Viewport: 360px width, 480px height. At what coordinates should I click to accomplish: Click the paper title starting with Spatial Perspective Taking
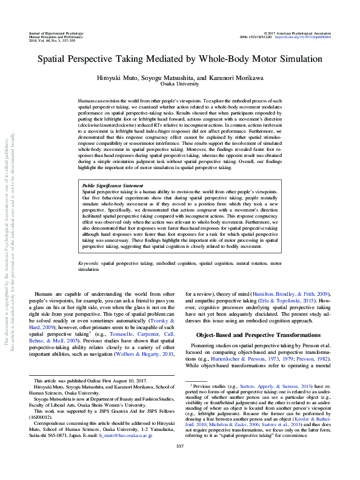tap(179, 61)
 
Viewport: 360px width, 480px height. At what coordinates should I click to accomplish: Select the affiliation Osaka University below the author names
tap(180, 85)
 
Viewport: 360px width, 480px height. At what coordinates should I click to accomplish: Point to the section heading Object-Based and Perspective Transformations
tap(257, 334)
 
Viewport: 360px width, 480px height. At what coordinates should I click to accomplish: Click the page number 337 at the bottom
tap(179, 463)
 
